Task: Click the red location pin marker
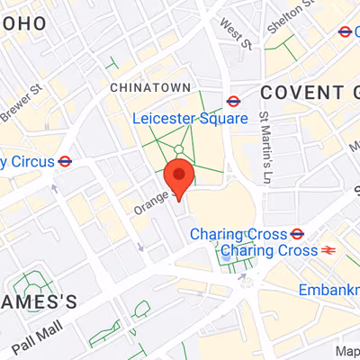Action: coord(179,177)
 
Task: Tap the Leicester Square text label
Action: coord(190,119)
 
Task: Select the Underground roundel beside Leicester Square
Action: coord(233,102)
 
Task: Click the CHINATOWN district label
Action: coord(150,87)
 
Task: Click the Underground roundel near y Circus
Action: coord(65,162)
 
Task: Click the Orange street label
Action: coord(150,201)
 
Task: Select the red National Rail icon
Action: coord(328,250)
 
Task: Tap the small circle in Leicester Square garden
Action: coord(179,149)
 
